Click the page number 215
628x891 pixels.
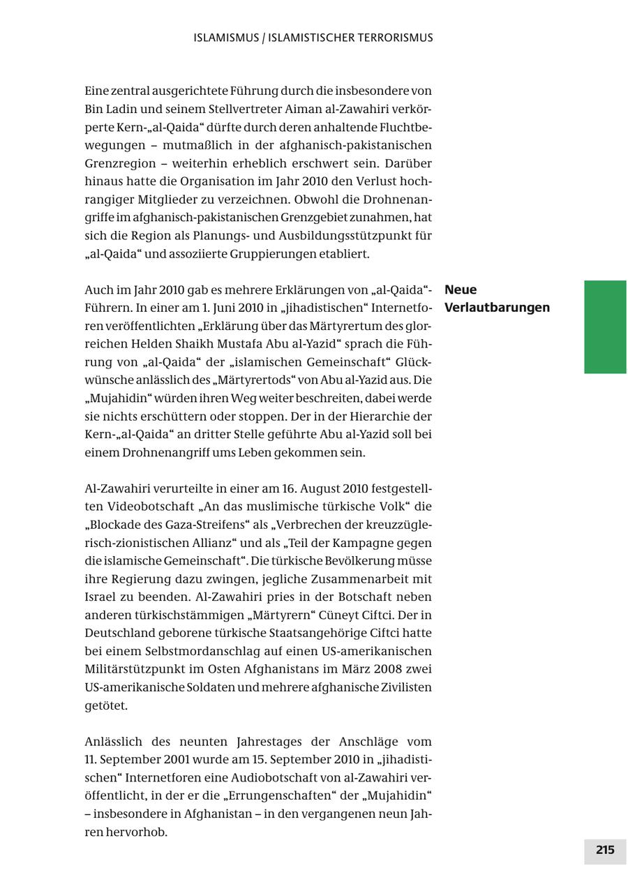(x=605, y=850)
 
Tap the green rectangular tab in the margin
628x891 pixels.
(x=605, y=327)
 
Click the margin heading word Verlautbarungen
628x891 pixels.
(x=497, y=308)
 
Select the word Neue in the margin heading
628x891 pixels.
(x=461, y=290)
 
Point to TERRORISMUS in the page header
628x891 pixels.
(x=393, y=38)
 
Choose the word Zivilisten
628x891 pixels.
(x=406, y=687)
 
